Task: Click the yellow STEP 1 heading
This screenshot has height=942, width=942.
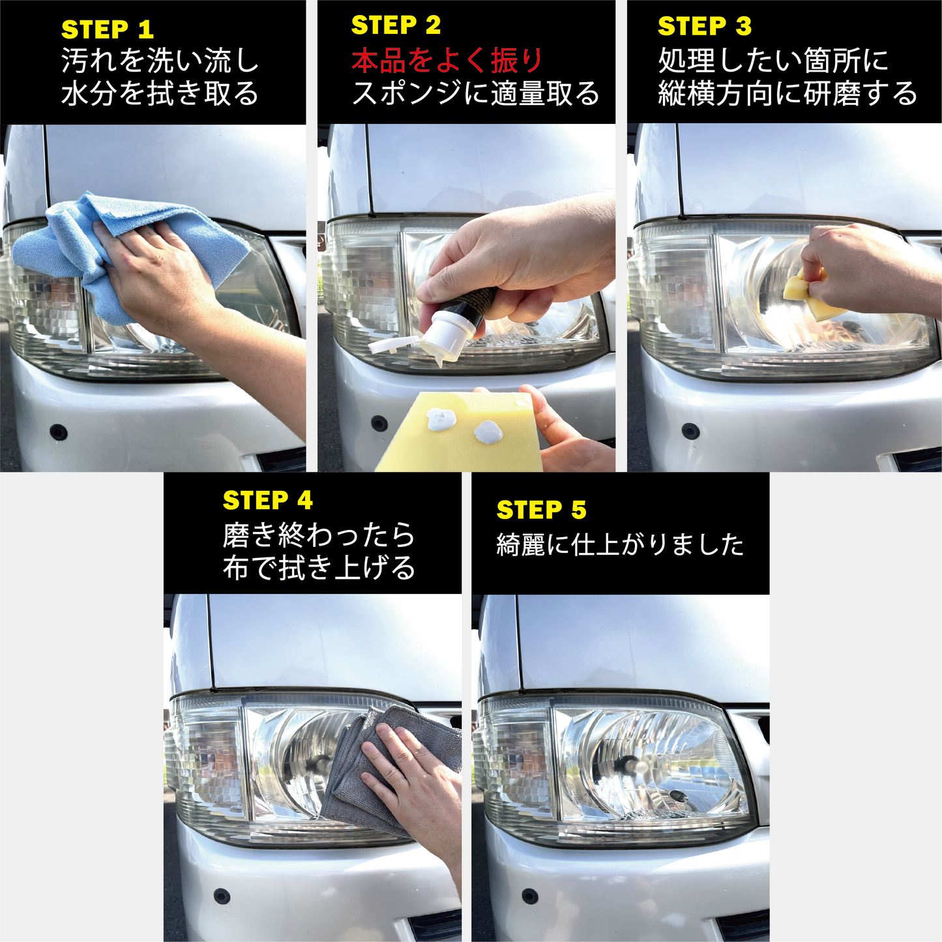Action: pyautogui.click(x=107, y=30)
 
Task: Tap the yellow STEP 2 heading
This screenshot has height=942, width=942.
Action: pyautogui.click(x=396, y=25)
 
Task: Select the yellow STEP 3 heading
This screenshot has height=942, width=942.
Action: pyautogui.click(x=704, y=26)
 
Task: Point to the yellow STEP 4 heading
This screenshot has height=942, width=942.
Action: pyautogui.click(x=267, y=501)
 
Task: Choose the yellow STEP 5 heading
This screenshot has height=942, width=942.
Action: pyautogui.click(x=541, y=510)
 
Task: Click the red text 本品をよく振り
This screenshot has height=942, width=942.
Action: pyautogui.click(x=447, y=61)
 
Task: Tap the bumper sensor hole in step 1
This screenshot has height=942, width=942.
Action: pyautogui.click(x=59, y=432)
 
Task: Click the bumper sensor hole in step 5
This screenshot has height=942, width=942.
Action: pyautogui.click(x=530, y=896)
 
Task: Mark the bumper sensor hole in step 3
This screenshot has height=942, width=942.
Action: pyautogui.click(x=690, y=431)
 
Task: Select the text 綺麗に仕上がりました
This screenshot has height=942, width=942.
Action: pyautogui.click(x=619, y=544)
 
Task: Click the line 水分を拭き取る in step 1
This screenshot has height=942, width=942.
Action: pyautogui.click(x=160, y=93)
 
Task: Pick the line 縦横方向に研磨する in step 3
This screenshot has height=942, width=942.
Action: pyautogui.click(x=787, y=93)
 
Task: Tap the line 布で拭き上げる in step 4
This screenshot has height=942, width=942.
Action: pyautogui.click(x=319, y=567)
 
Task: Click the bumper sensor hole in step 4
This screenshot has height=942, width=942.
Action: pyautogui.click(x=222, y=896)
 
